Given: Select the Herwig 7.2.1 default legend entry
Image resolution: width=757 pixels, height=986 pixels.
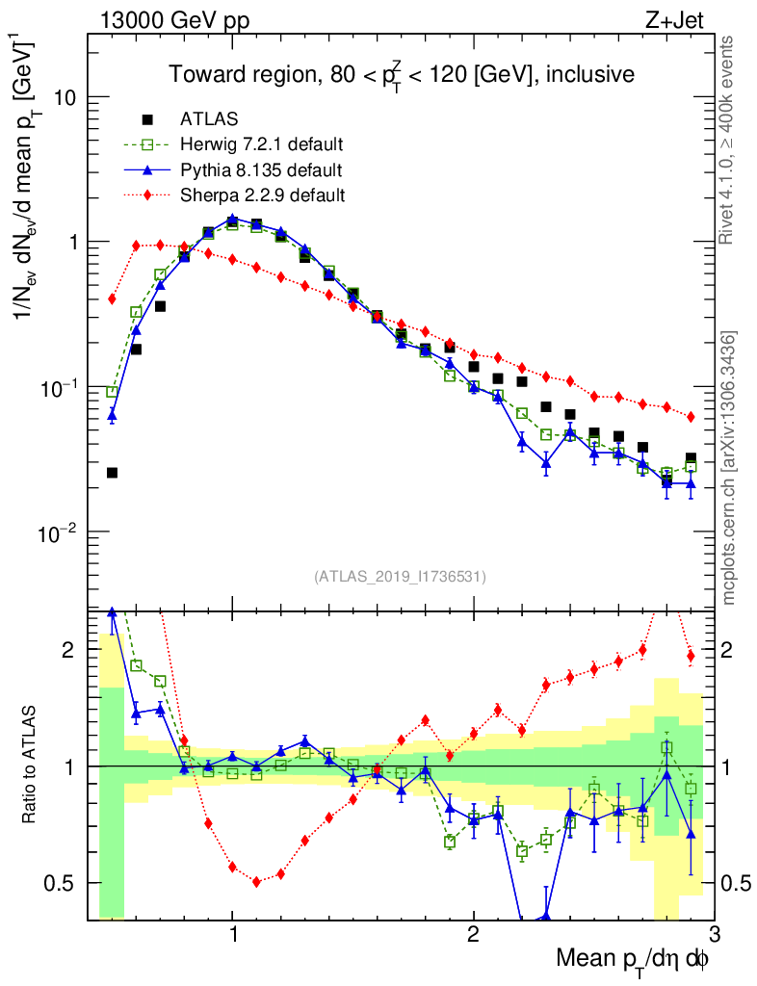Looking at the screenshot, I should [x=261, y=145].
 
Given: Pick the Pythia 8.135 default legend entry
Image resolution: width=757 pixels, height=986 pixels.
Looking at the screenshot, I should [x=261, y=170].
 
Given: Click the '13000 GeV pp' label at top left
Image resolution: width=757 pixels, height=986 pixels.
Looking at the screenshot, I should [x=172, y=20].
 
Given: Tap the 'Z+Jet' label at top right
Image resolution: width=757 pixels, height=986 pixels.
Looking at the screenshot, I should [x=690, y=20].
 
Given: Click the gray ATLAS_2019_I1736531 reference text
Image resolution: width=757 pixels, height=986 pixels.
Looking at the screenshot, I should [x=400, y=577].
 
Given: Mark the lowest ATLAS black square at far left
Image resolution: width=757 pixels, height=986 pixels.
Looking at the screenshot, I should [x=112, y=473].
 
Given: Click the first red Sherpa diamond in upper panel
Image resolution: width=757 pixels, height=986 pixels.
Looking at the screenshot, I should [x=112, y=298].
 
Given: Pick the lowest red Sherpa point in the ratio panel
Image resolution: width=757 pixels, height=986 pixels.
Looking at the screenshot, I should [x=256, y=881].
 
